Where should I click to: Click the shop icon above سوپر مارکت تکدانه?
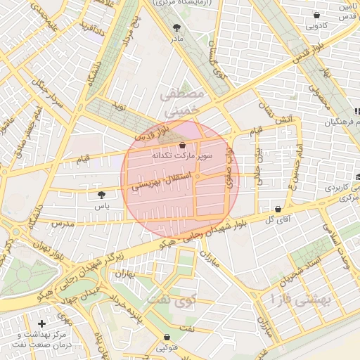tap(182, 145)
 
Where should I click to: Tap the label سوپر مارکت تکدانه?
tap(179, 155)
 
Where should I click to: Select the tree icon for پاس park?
tap(102, 194)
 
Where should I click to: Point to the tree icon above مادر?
tap(175, 27)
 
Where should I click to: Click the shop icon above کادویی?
tap(316, 15)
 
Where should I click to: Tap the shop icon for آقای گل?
tap(279, 209)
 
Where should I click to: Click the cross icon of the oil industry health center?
tap(42, 323)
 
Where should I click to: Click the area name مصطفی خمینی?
tap(181, 102)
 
